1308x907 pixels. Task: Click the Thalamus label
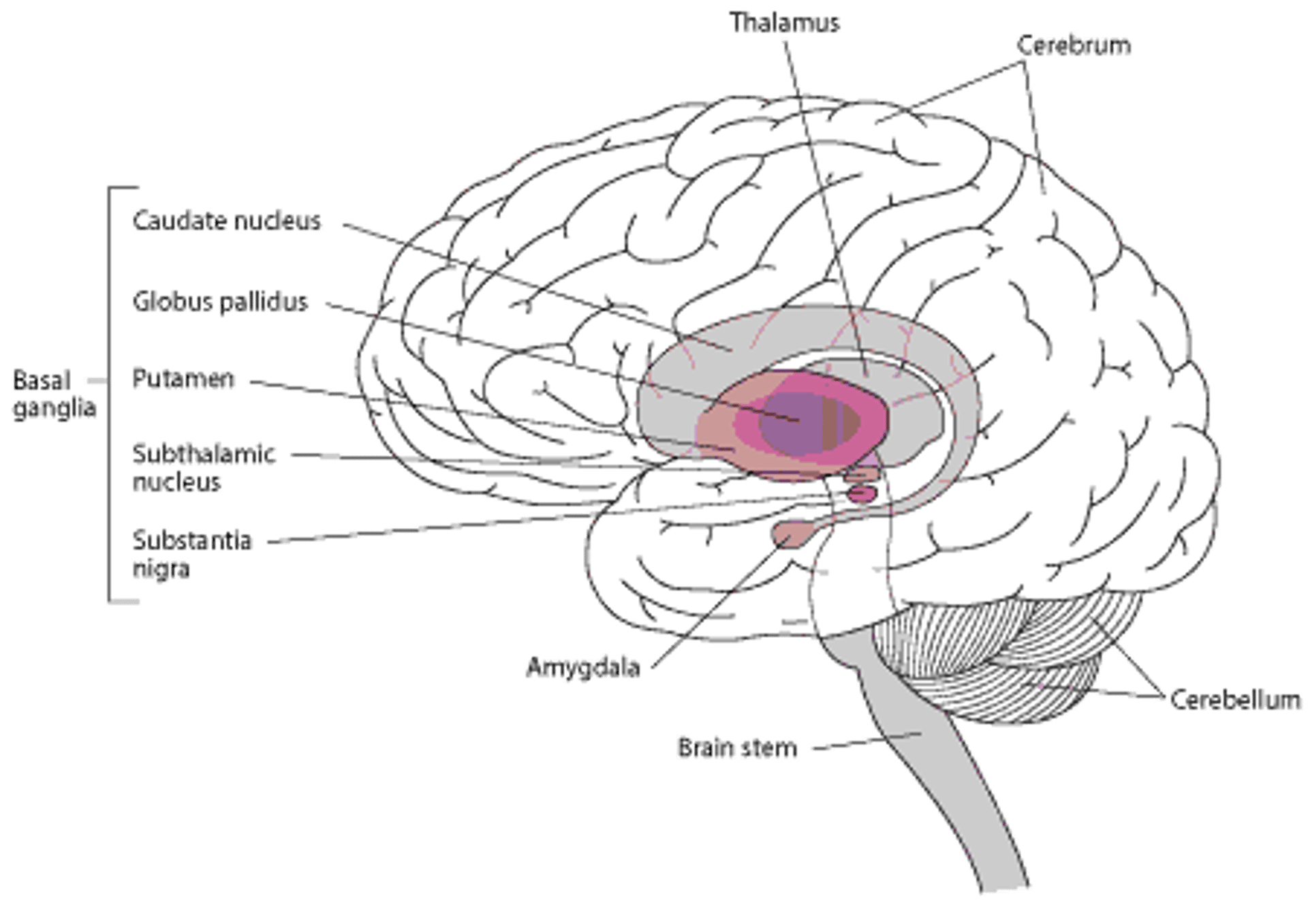point(785,23)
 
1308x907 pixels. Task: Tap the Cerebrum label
point(1074,45)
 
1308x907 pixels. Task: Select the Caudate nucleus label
point(228,221)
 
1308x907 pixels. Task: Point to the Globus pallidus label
point(221,301)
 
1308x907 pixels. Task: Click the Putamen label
point(184,379)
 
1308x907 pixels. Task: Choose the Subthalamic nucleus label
point(204,467)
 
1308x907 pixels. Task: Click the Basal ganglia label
point(53,395)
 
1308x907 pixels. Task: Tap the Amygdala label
point(583,667)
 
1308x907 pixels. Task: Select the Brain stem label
point(736,748)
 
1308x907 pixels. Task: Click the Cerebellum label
point(1236,700)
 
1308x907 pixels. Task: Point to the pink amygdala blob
point(790,532)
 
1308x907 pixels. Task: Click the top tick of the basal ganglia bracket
point(125,186)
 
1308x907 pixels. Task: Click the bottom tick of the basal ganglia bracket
point(125,601)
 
